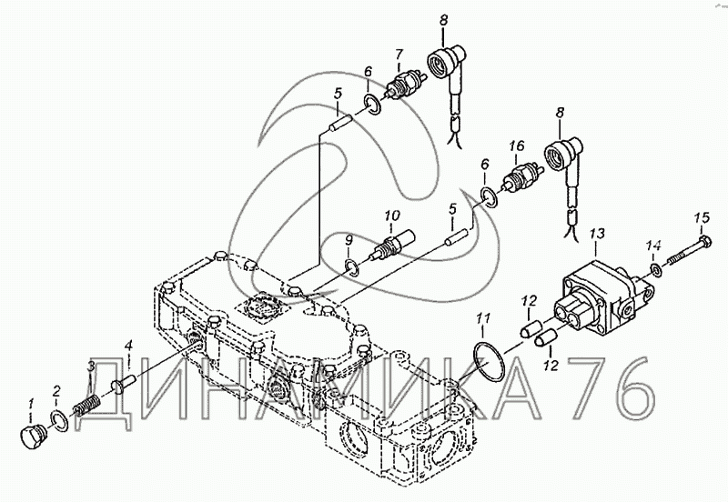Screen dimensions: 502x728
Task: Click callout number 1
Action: point(31,402)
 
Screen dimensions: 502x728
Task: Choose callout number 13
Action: point(596,235)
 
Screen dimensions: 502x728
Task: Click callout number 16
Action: point(517,146)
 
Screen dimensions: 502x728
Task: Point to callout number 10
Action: point(392,216)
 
